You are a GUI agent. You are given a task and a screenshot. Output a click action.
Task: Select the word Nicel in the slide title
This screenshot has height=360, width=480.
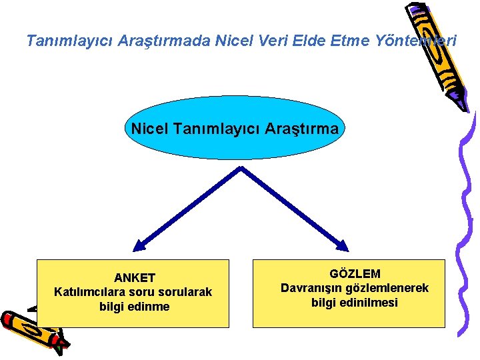point(233,41)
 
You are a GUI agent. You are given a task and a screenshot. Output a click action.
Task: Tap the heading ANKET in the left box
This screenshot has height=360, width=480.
point(135,277)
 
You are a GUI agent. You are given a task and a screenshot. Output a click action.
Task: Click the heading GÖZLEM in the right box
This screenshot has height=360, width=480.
point(355,273)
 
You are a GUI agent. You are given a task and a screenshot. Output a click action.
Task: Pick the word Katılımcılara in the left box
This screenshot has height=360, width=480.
point(88,292)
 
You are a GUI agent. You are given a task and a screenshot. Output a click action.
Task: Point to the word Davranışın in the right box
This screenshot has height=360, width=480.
point(313,288)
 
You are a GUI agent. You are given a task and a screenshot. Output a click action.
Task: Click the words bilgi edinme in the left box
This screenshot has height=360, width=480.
point(135,307)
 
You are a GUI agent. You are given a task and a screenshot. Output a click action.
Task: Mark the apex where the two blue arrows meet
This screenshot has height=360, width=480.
point(241,169)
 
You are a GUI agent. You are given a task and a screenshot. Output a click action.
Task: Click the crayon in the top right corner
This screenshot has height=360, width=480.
point(437,50)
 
